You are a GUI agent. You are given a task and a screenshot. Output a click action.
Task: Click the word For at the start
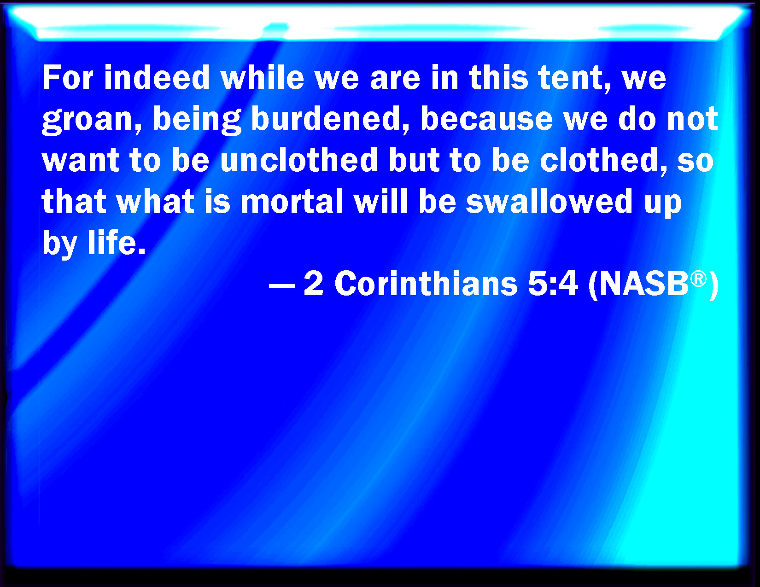(68, 77)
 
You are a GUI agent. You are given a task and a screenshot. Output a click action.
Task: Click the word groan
(92, 120)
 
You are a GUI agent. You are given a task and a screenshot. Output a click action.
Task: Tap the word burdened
(331, 119)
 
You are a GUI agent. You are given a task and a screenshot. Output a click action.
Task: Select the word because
(486, 118)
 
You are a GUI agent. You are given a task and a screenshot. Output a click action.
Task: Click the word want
(81, 160)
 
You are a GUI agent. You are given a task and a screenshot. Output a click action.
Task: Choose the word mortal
(292, 201)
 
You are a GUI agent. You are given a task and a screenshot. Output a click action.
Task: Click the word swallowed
(549, 201)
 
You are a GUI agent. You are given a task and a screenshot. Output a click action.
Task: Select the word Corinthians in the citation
(426, 284)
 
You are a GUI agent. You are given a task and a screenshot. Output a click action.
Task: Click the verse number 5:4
(553, 284)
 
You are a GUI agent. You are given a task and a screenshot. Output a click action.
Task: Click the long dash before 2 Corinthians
(282, 286)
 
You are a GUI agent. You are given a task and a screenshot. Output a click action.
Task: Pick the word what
(155, 201)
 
